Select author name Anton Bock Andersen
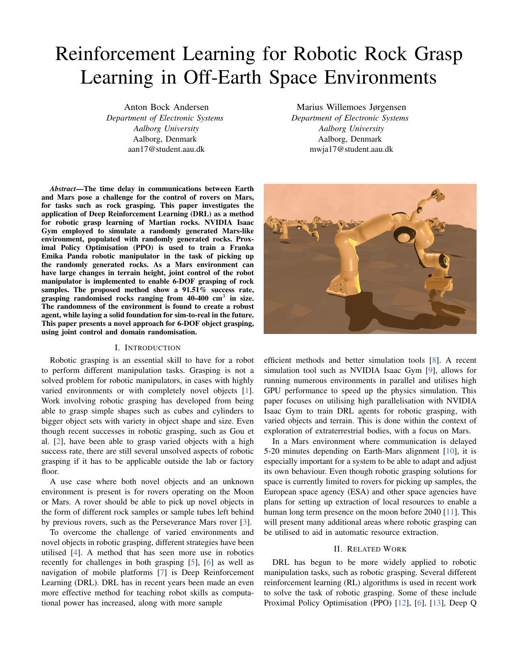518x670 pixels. click(x=166, y=107)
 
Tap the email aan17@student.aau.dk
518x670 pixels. click(x=166, y=149)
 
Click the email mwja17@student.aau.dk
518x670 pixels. click(x=351, y=149)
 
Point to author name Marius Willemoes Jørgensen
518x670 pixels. click(x=351, y=107)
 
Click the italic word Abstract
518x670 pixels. click(x=62, y=189)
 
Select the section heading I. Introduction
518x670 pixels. click(x=147, y=348)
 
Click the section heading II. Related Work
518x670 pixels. click(x=370, y=549)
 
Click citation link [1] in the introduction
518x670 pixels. click(x=247, y=391)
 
